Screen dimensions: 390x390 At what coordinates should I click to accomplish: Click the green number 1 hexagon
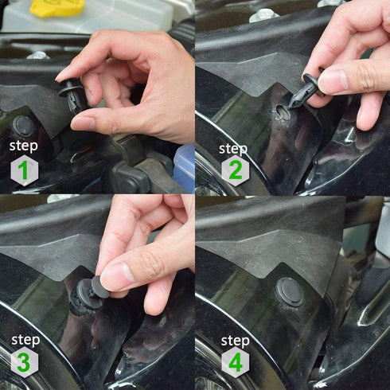(x=24, y=170)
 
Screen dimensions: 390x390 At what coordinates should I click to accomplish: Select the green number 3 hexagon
(x=24, y=363)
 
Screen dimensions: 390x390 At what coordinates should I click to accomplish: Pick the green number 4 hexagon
(x=235, y=363)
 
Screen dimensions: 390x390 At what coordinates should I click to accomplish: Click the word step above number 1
(x=24, y=146)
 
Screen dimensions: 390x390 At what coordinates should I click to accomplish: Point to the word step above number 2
(x=233, y=148)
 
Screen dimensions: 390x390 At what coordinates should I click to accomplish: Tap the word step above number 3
(x=24, y=340)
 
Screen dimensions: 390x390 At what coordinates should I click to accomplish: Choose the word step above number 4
(x=235, y=340)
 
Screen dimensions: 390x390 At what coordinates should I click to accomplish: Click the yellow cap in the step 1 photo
(x=57, y=7)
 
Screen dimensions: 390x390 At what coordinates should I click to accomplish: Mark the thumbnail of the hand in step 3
(x=117, y=276)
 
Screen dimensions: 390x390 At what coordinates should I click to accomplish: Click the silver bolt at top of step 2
(x=263, y=15)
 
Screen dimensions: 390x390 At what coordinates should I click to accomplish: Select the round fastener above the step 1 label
(x=23, y=126)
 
